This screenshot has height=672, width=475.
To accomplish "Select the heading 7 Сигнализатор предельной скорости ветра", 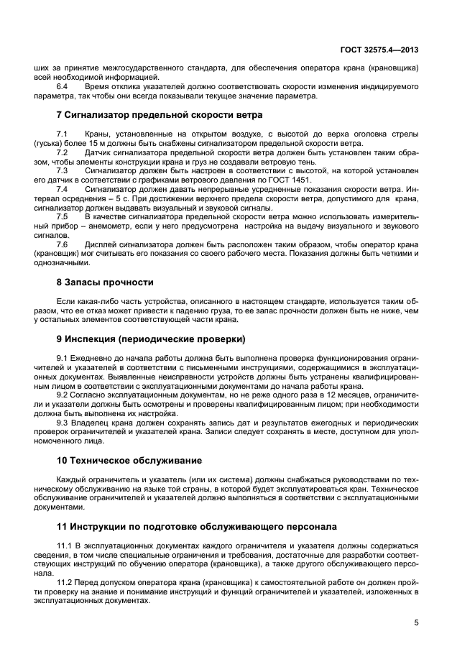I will click(x=159, y=115).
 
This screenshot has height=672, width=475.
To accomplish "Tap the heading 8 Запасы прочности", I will click(x=105, y=282).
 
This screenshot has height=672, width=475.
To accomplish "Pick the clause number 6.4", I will click(x=62, y=86).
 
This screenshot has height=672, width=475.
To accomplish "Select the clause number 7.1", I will click(x=62, y=135).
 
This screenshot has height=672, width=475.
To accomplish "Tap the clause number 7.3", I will click(x=62, y=171).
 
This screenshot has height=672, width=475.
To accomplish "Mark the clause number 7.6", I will click(x=62, y=244).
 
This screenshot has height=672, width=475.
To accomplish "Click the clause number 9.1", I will click(x=63, y=358).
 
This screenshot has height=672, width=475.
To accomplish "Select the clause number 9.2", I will click(x=63, y=395).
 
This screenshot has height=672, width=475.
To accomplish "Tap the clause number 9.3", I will click(x=63, y=423).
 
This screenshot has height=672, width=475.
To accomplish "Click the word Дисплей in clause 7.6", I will click(x=101, y=244).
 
